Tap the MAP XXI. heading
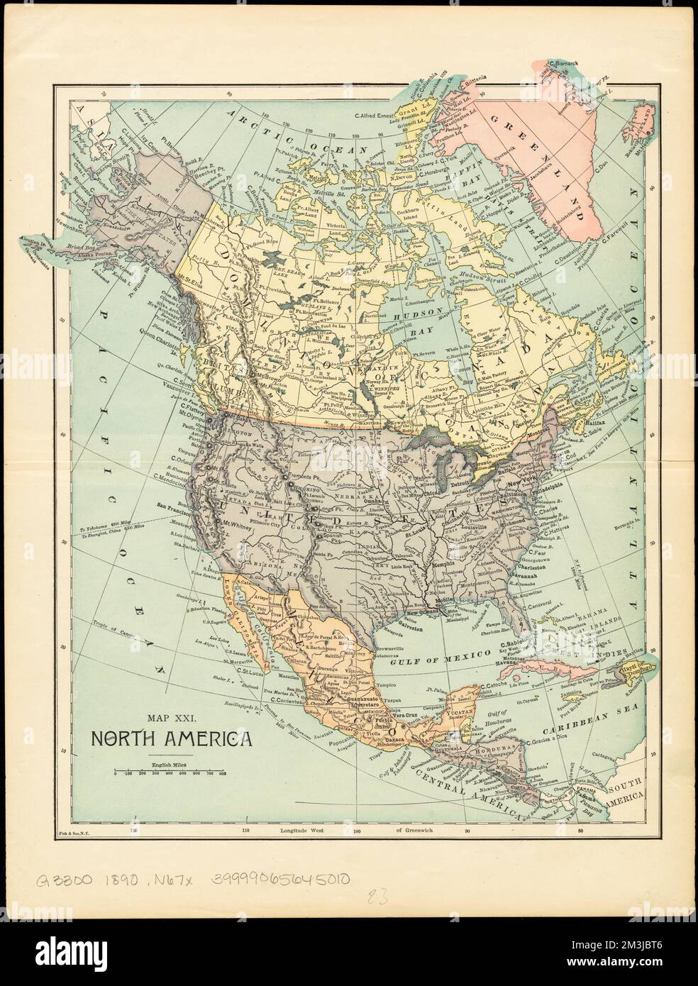[x=170, y=719]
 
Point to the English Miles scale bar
[x=170, y=772]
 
